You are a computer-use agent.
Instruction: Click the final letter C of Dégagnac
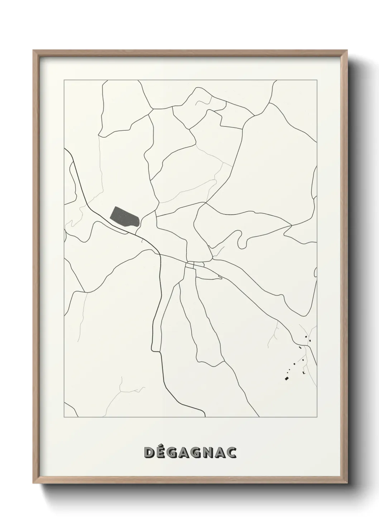[x=231, y=452]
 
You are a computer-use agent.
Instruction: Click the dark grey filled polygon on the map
[x=124, y=217]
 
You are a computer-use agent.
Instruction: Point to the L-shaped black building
[x=304, y=373]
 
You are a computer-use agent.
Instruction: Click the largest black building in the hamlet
[x=287, y=378]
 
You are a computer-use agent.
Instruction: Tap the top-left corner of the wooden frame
[x=34, y=50]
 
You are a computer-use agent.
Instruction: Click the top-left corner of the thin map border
[x=64, y=81]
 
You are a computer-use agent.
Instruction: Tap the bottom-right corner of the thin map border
[x=317, y=418]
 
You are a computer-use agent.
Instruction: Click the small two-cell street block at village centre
[x=190, y=265]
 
